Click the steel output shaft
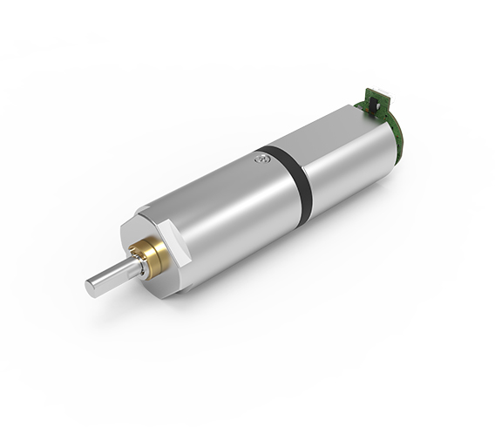pos(113,278)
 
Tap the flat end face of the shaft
pos(92,288)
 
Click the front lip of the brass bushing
pos(139,253)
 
